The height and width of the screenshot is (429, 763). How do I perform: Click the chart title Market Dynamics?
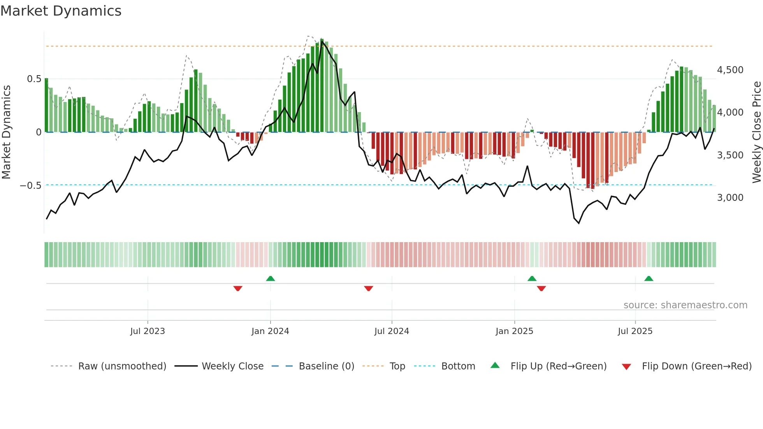(61, 11)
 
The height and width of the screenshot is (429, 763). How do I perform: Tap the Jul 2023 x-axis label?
(148, 331)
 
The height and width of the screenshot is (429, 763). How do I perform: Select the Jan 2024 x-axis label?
(270, 331)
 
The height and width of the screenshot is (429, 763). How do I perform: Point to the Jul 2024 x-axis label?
(392, 331)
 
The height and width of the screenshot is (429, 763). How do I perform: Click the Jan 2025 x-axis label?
(514, 331)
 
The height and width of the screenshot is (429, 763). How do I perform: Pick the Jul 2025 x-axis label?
(635, 331)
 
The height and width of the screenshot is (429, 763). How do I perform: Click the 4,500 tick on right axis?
(730, 70)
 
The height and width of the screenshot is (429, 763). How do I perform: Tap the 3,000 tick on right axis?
(730, 198)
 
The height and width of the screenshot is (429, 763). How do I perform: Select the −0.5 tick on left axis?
(30, 186)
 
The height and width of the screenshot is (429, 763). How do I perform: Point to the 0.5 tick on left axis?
(34, 79)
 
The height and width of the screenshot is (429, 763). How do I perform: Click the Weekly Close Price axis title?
(756, 132)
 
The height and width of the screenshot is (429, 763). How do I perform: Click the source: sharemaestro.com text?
(685, 305)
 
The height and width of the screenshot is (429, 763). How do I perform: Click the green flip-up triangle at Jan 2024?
(271, 278)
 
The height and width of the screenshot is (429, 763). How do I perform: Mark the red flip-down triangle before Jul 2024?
(369, 288)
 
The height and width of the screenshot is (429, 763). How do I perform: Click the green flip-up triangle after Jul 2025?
(649, 278)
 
